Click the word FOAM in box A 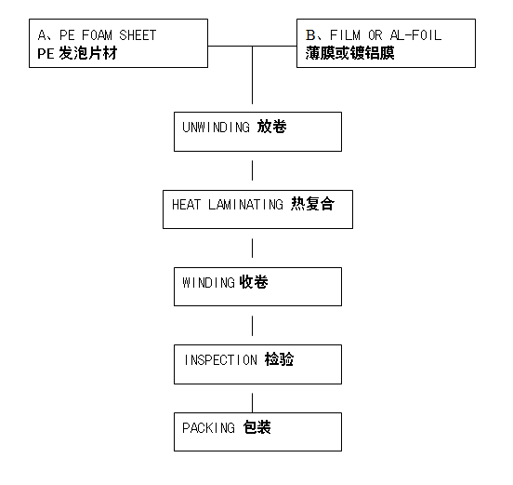coord(98,35)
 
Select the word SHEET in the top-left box coord(138,35)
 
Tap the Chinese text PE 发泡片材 coord(77,53)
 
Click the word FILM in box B coord(345,35)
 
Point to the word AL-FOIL coord(415,35)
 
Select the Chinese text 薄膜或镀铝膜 coord(350,53)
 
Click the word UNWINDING coord(217,128)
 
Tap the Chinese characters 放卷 coord(272,127)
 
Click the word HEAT coord(186,205)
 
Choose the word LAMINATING coord(245,205)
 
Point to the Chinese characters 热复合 coord(313,204)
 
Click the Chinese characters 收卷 coord(254,282)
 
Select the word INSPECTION coord(221,360)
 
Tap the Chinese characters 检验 coord(279,359)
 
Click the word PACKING coord(208,428)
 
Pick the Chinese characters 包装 coord(257,427)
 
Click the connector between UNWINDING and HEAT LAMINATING coord(252,170)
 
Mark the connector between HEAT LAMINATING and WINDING coord(252,248)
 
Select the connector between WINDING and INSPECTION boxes coord(252,326)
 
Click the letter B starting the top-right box coord(310,35)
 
